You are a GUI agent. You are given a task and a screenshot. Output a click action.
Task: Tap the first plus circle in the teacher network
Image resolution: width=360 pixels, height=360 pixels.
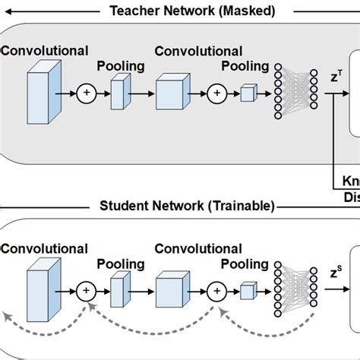click(86, 94)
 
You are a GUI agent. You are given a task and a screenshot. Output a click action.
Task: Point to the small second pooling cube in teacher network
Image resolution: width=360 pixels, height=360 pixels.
click(248, 94)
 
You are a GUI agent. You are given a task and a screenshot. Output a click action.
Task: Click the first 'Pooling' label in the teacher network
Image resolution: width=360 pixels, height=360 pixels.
click(120, 66)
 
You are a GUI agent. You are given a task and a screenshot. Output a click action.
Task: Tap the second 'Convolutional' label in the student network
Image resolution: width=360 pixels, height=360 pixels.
click(198, 249)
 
